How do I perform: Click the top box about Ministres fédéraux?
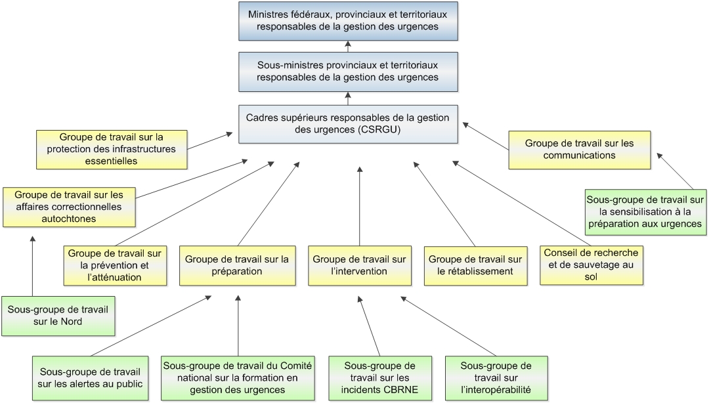click(x=347, y=21)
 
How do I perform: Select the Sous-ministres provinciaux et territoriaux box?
click(x=347, y=72)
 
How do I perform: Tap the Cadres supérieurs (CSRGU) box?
click(x=347, y=124)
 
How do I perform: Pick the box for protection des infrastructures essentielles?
click(x=111, y=148)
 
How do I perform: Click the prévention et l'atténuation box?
click(x=115, y=265)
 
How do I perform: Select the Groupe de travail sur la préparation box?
click(x=236, y=265)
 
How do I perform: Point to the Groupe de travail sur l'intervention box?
click(x=360, y=265)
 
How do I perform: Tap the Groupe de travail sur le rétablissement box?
click(x=475, y=265)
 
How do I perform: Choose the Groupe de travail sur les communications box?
click(x=580, y=150)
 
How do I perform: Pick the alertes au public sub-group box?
click(x=91, y=378)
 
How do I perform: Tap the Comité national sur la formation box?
click(x=237, y=378)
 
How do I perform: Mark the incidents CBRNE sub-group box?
click(x=380, y=378)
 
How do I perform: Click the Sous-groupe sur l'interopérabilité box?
click(x=496, y=378)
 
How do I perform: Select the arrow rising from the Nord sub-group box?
click(x=32, y=266)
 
